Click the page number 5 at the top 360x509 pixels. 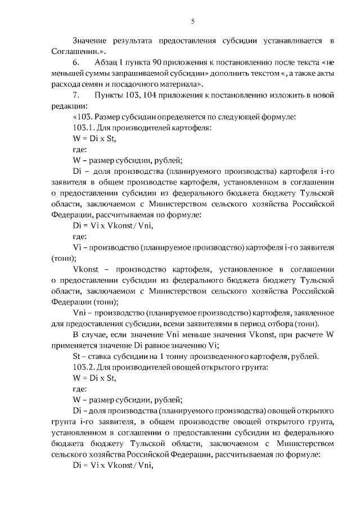click(192, 21)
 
